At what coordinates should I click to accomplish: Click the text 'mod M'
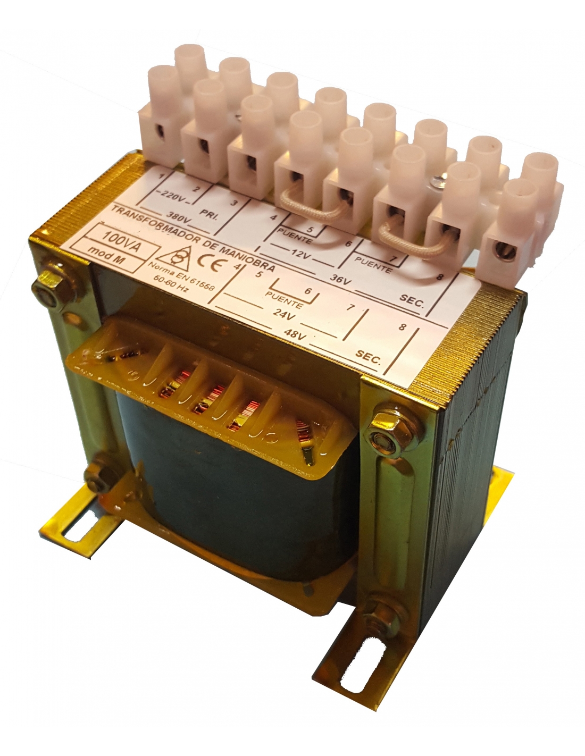[x=105, y=256]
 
